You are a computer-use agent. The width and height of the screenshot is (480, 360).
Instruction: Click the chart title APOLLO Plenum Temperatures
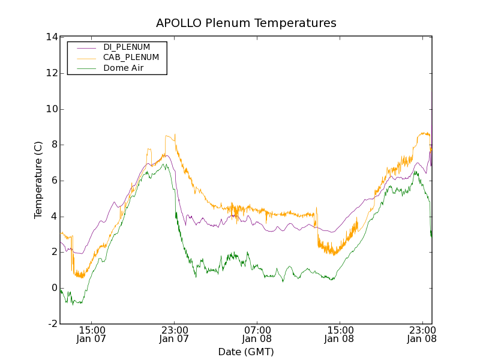point(246,23)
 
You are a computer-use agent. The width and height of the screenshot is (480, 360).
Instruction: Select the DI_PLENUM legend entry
point(127,47)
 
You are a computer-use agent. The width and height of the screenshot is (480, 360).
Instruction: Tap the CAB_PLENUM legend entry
point(131,58)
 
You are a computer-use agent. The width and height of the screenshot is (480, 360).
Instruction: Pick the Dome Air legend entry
point(124,68)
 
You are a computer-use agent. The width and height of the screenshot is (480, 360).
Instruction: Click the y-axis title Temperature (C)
point(38,180)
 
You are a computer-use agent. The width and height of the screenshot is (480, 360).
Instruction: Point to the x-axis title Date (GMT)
point(246,352)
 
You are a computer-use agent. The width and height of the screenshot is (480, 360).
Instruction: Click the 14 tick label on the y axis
point(51,37)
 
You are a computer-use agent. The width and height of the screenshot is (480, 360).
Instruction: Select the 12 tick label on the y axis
point(51,73)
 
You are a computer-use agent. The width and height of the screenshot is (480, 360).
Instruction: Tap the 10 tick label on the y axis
point(51,109)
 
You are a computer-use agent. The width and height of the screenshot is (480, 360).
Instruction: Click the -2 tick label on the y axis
point(52,324)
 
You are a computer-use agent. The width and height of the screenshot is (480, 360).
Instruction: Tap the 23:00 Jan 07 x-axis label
point(175,334)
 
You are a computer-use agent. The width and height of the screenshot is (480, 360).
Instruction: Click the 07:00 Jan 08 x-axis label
point(257,334)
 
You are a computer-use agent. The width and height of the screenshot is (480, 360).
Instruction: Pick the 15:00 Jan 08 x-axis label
point(340,334)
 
